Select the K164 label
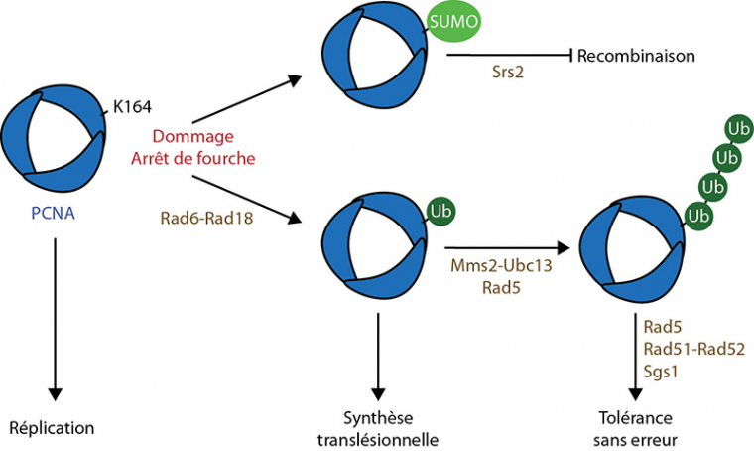tap(132, 106)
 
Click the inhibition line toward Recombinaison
tap(509, 55)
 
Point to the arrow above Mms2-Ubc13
tap(506, 249)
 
